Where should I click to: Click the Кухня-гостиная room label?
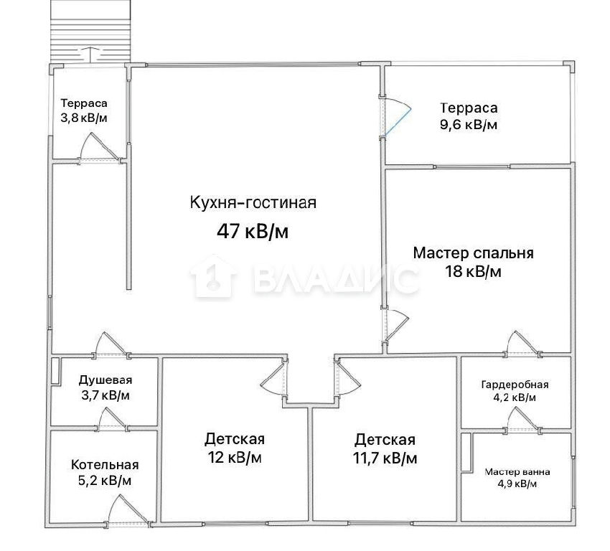click(x=253, y=203)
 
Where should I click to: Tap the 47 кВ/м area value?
click(x=253, y=232)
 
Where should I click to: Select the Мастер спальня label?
click(x=473, y=253)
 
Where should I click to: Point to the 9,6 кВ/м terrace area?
click(x=469, y=125)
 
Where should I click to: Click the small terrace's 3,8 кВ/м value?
click(x=84, y=118)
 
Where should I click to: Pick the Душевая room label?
click(x=105, y=380)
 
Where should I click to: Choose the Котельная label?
click(x=105, y=465)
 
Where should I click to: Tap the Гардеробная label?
click(x=515, y=385)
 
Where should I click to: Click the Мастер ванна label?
click(x=517, y=472)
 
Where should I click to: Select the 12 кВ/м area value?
click(x=235, y=457)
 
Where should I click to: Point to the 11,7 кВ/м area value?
click(x=385, y=458)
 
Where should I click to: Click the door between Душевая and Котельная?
click(x=112, y=419)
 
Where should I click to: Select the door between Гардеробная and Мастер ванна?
click(x=523, y=420)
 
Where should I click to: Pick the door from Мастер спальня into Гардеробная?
click(x=522, y=344)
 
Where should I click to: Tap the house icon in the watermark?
click(x=213, y=276)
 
